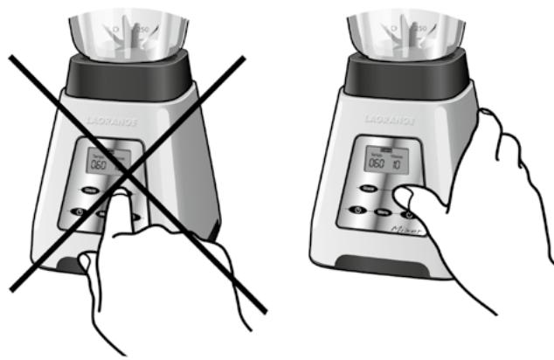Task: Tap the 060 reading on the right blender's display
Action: pyautogui.click(x=377, y=163)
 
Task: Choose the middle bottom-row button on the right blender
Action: pyautogui.click(x=381, y=211)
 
